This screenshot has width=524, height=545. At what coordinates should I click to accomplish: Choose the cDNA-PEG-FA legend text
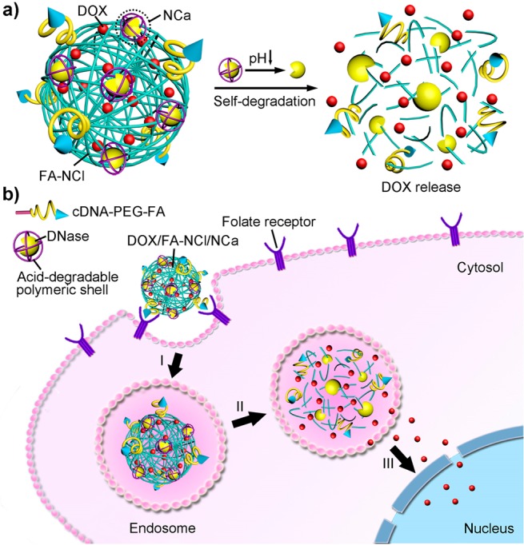(x=113, y=212)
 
